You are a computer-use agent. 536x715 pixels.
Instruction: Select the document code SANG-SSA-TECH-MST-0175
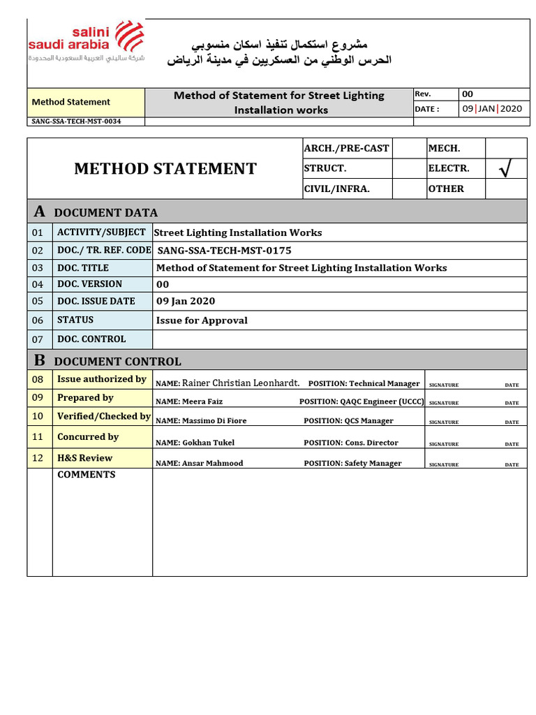(224, 250)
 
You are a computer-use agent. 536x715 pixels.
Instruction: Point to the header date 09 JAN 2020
(491, 109)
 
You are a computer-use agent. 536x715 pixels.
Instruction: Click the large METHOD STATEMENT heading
(165, 169)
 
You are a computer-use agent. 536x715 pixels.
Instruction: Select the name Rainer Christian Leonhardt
(241, 383)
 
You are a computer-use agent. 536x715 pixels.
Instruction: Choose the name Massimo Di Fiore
(214, 421)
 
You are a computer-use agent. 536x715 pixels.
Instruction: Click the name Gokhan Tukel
(208, 443)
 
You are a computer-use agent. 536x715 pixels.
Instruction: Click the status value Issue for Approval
(202, 320)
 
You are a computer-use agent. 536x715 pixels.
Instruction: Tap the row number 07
(38, 339)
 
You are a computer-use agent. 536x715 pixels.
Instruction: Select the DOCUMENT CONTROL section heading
(117, 362)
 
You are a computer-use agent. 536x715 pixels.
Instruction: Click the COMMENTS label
(87, 475)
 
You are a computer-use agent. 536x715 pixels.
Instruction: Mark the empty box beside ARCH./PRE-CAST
(410, 149)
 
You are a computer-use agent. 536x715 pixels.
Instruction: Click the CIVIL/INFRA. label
(336, 189)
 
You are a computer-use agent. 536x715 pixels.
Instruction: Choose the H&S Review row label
(84, 458)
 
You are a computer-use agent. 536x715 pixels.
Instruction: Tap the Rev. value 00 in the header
(468, 94)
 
